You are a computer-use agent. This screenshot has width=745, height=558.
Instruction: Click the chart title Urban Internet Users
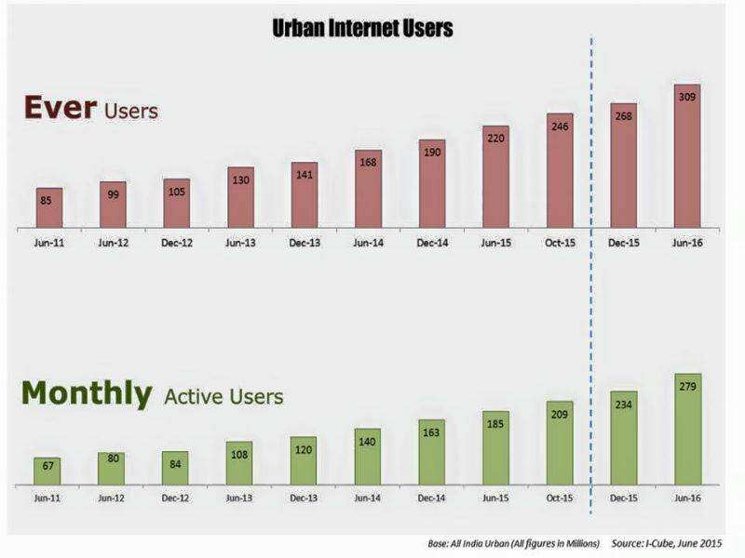[362, 29]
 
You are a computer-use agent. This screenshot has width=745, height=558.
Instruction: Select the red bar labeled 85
[49, 207]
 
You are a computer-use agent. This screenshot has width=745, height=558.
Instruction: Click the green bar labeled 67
[47, 471]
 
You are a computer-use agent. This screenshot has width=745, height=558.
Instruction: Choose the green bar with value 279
[686, 429]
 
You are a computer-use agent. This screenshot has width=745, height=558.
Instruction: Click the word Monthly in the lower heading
[87, 393]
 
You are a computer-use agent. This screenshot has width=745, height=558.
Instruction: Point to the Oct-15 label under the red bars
[559, 243]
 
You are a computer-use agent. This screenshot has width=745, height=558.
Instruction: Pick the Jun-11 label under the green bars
[47, 499]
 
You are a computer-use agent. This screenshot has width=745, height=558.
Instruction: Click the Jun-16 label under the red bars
[686, 243]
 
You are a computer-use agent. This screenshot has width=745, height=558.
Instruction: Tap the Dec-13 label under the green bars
[304, 499]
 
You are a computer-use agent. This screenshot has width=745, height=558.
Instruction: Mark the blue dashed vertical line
[591, 279]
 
